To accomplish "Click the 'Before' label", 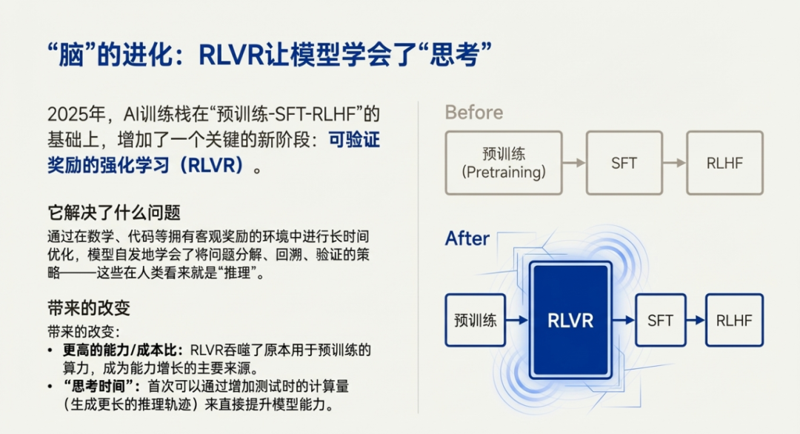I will (473, 113).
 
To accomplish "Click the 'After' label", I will (467, 238).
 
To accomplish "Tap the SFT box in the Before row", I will (624, 163).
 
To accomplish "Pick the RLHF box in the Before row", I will (724, 163).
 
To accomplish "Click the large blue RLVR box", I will (570, 320).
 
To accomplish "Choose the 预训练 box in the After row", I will (475, 320).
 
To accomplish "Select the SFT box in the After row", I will (659, 320).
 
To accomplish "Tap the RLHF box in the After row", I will (733, 320).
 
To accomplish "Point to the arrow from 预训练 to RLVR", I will (517, 320).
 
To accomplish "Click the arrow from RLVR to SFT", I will (624, 320).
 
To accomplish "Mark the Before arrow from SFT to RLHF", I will (673, 163).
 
